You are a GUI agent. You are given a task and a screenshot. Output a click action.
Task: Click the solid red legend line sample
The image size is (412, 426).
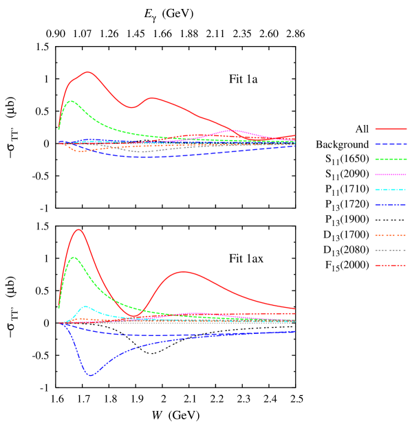391,128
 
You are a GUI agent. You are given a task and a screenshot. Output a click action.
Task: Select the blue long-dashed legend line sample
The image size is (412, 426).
391,144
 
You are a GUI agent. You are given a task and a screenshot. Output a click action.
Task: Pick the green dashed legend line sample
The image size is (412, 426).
391,159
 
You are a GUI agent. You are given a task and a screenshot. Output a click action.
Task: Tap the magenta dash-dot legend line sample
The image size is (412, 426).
391,175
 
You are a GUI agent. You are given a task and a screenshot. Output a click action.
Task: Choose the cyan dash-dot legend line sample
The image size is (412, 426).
391,190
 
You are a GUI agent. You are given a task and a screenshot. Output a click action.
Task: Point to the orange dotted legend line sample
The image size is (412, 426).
391,235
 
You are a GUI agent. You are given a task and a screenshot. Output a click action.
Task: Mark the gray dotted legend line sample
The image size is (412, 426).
391,250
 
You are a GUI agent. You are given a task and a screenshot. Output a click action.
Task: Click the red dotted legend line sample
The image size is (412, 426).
391,265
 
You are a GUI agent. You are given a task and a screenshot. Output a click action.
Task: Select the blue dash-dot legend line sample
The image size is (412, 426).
391,205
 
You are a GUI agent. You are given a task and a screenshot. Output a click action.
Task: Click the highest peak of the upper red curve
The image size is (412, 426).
88,71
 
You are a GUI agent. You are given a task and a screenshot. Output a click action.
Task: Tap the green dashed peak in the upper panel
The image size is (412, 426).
71,101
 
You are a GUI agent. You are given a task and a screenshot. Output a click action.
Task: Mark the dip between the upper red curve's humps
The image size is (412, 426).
133,107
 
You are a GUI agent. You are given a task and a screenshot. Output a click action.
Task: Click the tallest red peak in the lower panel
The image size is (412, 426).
78,229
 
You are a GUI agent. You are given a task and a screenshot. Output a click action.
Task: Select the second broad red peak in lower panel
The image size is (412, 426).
184,271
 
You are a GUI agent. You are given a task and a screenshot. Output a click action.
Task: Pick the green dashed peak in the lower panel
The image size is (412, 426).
74,257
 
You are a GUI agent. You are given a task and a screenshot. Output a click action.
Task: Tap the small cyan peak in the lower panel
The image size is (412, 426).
85,306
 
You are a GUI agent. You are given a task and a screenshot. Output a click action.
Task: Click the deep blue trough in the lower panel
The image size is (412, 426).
91,375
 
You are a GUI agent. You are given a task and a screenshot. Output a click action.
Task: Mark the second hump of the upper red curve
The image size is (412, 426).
152,98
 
